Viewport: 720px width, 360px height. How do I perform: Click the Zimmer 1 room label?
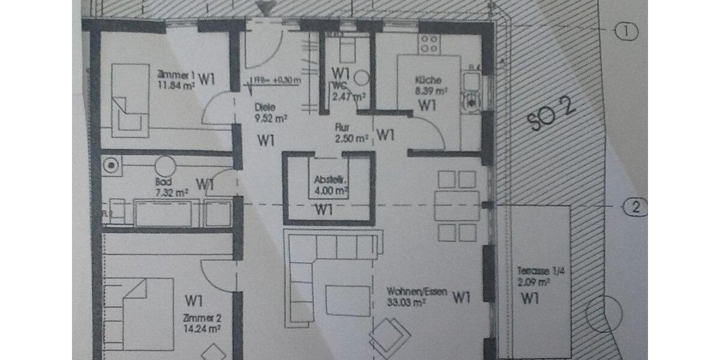[176, 75]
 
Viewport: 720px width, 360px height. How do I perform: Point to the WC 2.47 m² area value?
[348, 95]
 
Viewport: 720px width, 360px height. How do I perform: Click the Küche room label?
[428, 80]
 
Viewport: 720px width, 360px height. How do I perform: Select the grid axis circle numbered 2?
[637, 208]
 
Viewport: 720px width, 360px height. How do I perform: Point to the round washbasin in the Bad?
[164, 165]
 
